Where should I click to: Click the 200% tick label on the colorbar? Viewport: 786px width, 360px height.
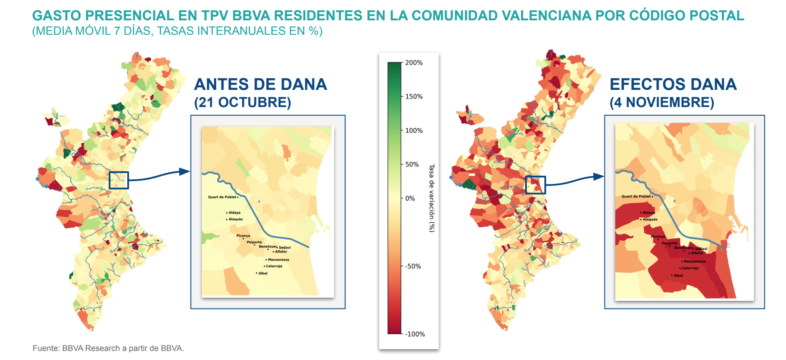[x=414, y=63]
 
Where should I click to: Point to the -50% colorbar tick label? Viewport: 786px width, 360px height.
[x=413, y=266]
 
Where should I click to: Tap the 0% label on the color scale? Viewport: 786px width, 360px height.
[x=410, y=198]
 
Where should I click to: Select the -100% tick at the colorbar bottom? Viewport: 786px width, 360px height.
[x=415, y=334]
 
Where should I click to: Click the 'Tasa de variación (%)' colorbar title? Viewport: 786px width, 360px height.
[x=431, y=198]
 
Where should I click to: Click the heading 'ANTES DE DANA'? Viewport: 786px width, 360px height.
[x=260, y=84]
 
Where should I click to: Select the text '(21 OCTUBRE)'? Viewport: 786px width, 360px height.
[x=242, y=103]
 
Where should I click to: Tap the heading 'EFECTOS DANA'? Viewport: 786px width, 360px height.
[x=673, y=84]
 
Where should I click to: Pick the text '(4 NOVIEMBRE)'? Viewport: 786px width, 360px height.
[x=661, y=103]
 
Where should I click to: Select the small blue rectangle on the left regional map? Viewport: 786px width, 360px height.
[x=119, y=180]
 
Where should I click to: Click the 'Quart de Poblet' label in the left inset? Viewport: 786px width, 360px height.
[x=222, y=197]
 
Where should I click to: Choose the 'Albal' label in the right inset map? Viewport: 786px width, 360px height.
[x=678, y=276]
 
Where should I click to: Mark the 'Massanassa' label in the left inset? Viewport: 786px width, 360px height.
[x=278, y=260]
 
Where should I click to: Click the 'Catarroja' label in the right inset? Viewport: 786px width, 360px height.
[x=690, y=268]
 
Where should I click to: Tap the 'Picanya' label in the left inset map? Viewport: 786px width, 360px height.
[x=243, y=236]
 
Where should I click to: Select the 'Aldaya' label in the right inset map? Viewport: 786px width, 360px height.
[x=649, y=213]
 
